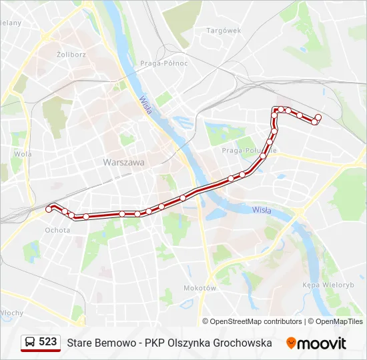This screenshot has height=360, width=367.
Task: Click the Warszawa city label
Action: tap(123, 162)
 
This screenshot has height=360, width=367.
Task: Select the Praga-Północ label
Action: tap(163, 63)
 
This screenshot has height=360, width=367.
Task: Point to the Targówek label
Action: tap(224, 31)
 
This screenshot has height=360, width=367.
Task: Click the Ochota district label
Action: tap(57, 230)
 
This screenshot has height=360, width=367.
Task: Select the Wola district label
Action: tap(23, 153)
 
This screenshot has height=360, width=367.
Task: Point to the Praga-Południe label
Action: tap(248, 151)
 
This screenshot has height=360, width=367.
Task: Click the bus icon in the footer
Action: tap(30, 343)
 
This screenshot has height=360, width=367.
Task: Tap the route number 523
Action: tap(48, 342)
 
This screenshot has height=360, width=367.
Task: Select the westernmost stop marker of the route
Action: tap(49, 209)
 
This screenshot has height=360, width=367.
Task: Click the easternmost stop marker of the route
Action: tap(318, 117)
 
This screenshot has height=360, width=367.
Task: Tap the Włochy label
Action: tap(11, 313)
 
